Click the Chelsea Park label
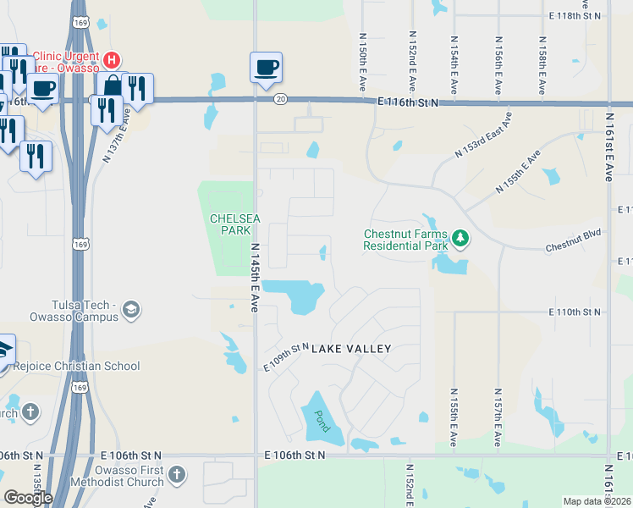[x=229, y=224]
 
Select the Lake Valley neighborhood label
[x=351, y=349]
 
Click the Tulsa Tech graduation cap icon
[x=130, y=310]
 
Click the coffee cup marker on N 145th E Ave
[x=266, y=68]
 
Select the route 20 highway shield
[x=280, y=100]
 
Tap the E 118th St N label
[x=574, y=15]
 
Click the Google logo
[x=28, y=497]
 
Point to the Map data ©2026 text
[x=597, y=501]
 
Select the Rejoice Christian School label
[x=77, y=366]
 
